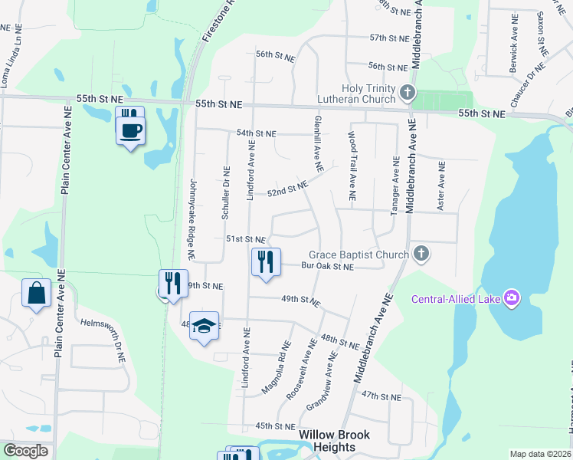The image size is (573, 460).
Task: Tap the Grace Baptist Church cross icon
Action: coord(421,253)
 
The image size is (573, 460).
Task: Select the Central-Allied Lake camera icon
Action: coord(512,298)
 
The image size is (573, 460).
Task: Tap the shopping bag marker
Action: coord(37,293)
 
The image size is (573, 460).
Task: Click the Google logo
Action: coord(25,451)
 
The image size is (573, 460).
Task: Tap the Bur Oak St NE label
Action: coord(327,267)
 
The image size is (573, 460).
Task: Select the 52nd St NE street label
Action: coord(287,189)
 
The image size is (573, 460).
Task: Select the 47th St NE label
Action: coord(381,396)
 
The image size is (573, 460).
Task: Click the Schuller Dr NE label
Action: coord(225,192)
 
